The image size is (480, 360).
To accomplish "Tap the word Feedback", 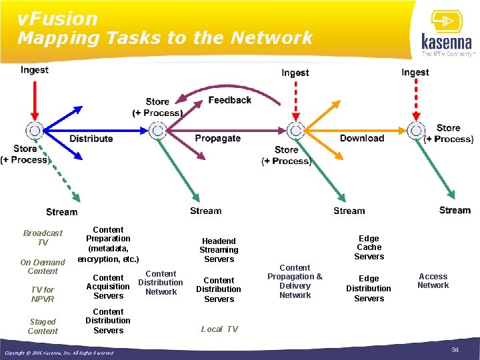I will click(x=229, y=100).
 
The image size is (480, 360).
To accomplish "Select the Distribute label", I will click(x=91, y=139).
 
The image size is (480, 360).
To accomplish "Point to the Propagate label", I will click(x=217, y=139).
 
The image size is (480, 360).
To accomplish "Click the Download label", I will click(x=362, y=138).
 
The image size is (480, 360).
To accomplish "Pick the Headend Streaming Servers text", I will click(x=219, y=250).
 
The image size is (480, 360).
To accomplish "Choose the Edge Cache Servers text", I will click(x=369, y=247).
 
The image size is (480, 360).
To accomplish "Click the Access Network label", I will click(x=433, y=281).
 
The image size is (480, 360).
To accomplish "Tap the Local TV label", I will click(x=219, y=329).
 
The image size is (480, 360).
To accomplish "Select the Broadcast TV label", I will click(x=43, y=237).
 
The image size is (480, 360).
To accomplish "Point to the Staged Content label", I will click(x=43, y=326).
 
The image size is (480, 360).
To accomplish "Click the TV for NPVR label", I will click(x=43, y=294).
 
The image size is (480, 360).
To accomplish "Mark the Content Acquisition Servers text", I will click(x=108, y=287).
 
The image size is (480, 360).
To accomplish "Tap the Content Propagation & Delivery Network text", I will click(x=295, y=281).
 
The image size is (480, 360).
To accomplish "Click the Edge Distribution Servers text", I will click(x=369, y=289).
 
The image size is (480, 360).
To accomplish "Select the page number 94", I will click(x=455, y=350).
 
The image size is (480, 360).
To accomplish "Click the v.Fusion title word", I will click(x=57, y=19).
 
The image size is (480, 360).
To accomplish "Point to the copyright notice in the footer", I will click(x=59, y=353).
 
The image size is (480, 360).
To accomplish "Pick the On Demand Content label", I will click(x=43, y=267).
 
